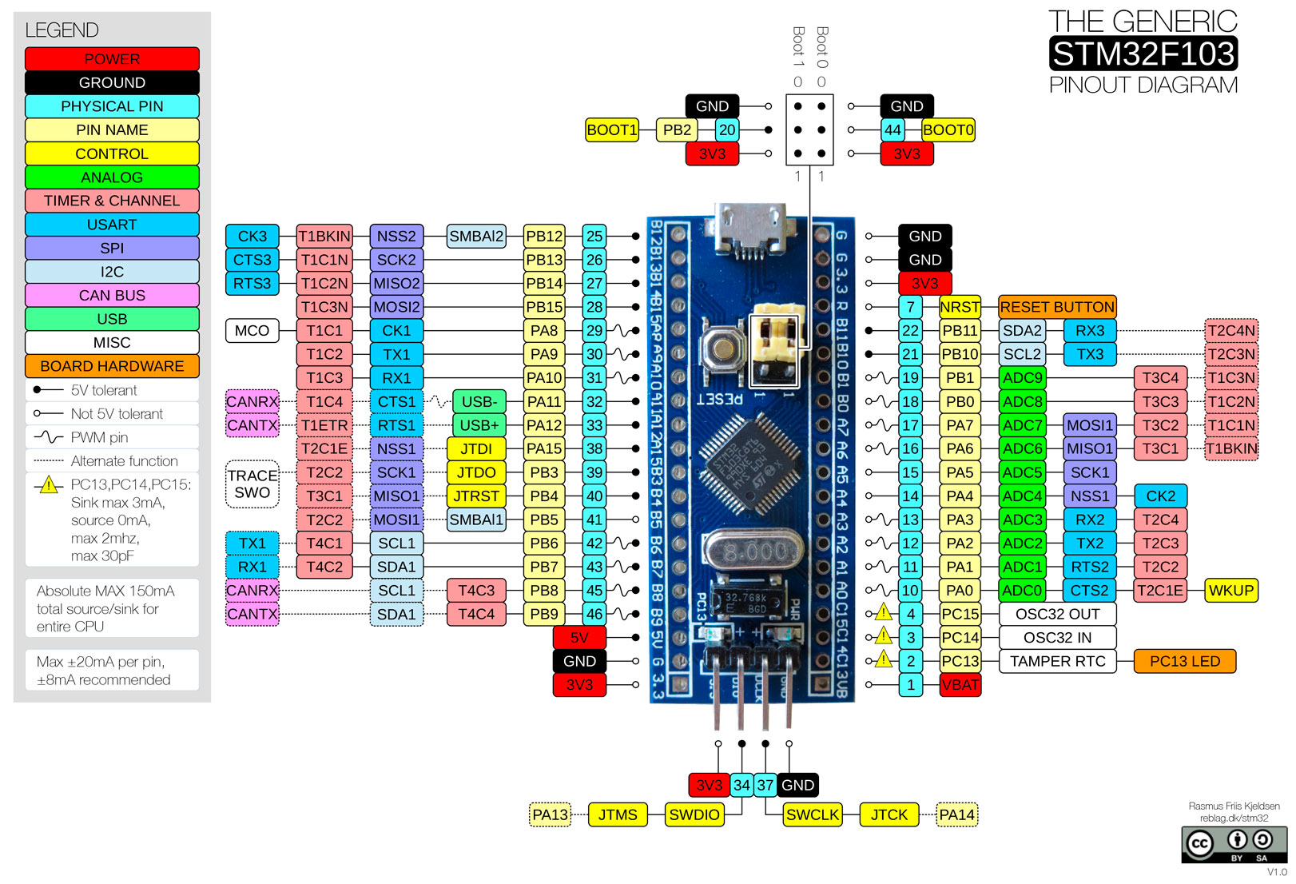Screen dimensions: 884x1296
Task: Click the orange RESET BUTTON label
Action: (x=1056, y=307)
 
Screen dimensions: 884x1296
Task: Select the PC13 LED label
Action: (x=1184, y=661)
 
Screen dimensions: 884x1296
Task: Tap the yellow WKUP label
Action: (x=1230, y=591)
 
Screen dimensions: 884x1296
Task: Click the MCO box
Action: (x=252, y=330)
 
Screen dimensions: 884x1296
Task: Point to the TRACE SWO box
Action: (x=252, y=484)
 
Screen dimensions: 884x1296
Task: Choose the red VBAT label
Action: (x=960, y=685)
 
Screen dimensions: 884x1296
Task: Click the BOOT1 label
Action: (x=611, y=130)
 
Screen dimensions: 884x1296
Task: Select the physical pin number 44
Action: (x=892, y=130)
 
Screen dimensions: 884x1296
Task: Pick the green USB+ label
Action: (x=479, y=425)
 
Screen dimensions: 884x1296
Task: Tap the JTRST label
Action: (x=476, y=496)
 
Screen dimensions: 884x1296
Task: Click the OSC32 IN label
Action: (x=1057, y=638)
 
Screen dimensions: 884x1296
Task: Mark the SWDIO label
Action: (x=694, y=814)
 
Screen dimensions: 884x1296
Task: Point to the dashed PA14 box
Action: (x=956, y=814)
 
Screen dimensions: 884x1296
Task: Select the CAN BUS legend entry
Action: (x=112, y=296)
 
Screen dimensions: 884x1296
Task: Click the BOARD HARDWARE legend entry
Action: (x=112, y=366)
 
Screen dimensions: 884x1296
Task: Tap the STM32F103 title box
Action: (x=1143, y=54)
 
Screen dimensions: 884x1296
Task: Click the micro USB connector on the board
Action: (x=751, y=228)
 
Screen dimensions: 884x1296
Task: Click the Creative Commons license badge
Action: (x=1234, y=845)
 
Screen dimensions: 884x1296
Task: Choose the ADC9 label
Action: (x=1022, y=378)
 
